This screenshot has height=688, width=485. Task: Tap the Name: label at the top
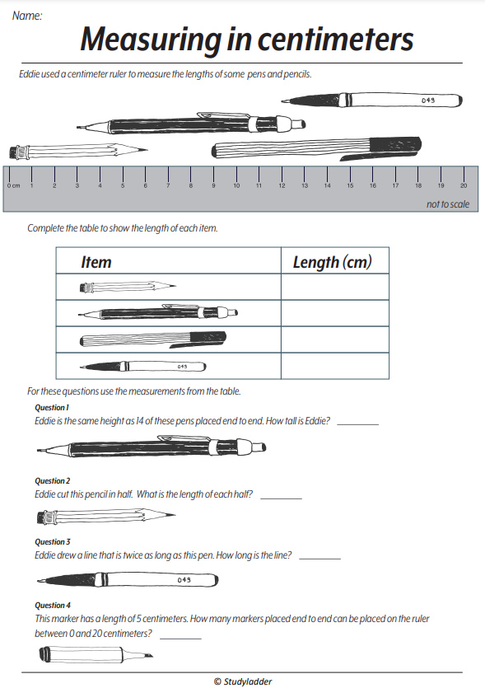pos(27,15)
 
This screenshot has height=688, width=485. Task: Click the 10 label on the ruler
pos(236,186)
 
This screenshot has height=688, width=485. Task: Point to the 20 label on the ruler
pos(464,186)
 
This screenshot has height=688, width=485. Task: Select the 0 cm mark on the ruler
pos(12,186)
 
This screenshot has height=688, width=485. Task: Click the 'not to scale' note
pos(447,204)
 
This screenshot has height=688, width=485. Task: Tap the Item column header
pos(96,262)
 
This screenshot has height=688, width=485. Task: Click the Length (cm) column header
pos(332,262)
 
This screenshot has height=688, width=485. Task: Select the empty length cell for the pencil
pos(334,287)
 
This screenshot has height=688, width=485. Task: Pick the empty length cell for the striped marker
pos(334,339)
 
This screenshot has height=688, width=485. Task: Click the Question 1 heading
pos(52,407)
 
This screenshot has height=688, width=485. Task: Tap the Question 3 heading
pos(52,541)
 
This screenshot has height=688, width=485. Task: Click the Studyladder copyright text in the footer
pos(242,681)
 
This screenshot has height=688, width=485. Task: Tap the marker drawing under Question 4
pos(95,656)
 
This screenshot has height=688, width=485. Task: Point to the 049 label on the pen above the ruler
pos(427,100)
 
